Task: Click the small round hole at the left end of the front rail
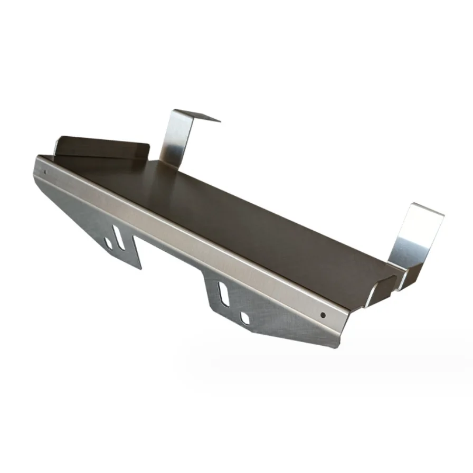[45, 172]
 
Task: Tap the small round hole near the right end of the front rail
[323, 315]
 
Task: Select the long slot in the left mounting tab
[120, 236]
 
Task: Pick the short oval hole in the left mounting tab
[109, 243]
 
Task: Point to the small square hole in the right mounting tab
[244, 318]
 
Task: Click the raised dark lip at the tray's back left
[100, 147]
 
